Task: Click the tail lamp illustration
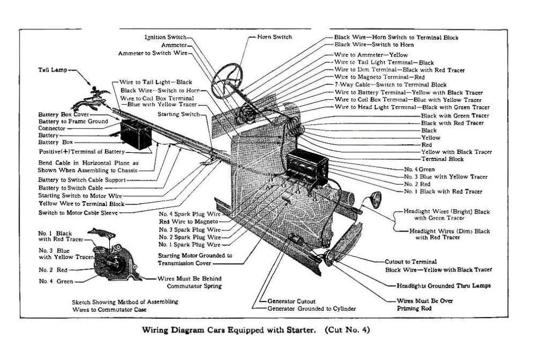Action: pos(94,98)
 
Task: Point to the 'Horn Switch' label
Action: pos(274,37)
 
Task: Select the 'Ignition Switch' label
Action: pos(165,37)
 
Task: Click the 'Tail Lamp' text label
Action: pos(52,70)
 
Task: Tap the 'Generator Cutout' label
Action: pos(291,301)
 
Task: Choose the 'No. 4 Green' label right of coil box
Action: pos(419,169)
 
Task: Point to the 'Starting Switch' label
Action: pos(182,114)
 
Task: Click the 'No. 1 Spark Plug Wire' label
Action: pos(189,245)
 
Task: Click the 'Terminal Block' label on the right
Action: pos(442,159)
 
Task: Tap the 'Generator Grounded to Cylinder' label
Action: pos(311,308)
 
